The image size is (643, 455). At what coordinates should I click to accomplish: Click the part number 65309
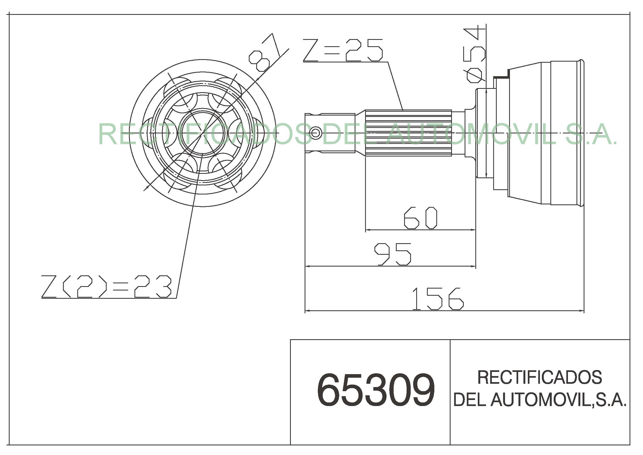tap(376, 390)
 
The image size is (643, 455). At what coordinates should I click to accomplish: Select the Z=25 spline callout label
tap(343, 50)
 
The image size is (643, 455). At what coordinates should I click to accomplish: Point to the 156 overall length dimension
tap(438, 299)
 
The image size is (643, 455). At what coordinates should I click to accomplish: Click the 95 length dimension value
tap(393, 254)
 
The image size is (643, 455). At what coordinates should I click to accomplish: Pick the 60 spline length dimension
tap(420, 218)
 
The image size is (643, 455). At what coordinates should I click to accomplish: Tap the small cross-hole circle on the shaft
tap(316, 133)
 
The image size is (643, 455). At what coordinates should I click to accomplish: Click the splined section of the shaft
tap(408, 133)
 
